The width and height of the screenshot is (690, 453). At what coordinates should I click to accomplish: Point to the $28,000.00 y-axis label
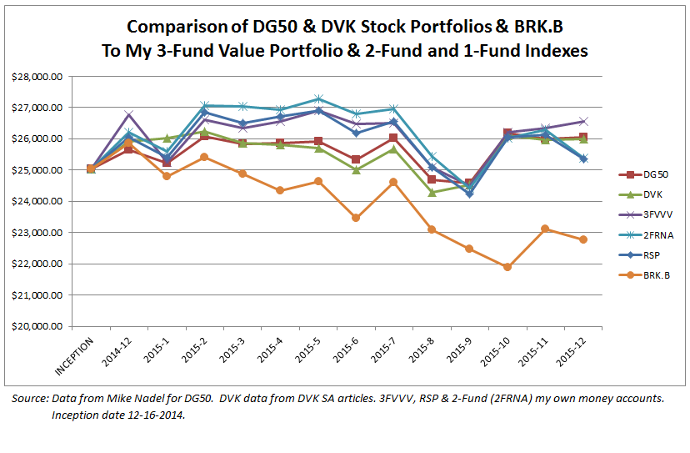(37, 76)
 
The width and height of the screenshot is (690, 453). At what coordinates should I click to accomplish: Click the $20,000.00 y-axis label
(37, 326)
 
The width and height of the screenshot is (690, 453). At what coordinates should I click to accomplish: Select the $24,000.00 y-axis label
(37, 201)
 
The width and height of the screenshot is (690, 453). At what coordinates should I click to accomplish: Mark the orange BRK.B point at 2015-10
(507, 267)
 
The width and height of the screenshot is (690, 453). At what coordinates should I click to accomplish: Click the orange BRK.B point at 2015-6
(356, 218)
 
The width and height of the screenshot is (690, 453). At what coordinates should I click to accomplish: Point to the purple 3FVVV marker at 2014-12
(128, 114)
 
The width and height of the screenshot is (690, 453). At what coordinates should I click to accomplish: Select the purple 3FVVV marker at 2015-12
(582, 122)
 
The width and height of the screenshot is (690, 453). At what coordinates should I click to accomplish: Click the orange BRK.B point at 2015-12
(582, 239)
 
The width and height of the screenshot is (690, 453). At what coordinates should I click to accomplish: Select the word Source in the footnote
(30, 399)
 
